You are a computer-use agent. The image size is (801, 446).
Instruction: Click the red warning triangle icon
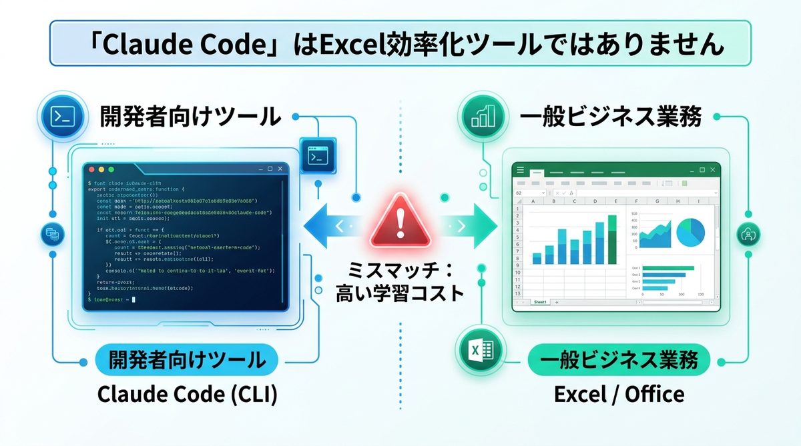click(400, 222)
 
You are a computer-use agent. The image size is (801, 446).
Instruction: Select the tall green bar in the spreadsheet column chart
click(613, 239)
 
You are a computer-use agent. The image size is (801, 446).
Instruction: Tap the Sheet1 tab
click(539, 302)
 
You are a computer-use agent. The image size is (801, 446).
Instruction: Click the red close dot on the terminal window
click(93, 171)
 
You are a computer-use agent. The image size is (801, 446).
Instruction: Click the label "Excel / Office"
click(619, 394)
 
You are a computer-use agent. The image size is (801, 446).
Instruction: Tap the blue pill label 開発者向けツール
click(188, 361)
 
